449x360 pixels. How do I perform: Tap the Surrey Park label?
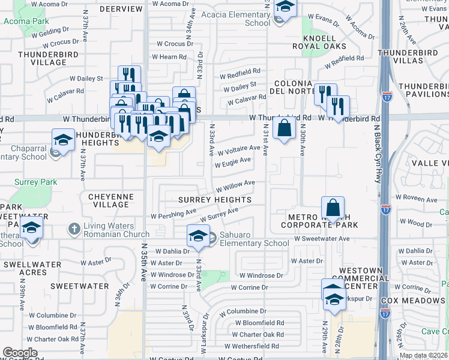click(x=37, y=182)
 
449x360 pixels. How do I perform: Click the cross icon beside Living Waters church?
click(x=74, y=229)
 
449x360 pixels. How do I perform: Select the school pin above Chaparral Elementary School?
click(x=63, y=140)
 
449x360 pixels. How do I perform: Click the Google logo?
click(x=20, y=353)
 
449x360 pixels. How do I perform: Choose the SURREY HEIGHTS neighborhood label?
click(x=214, y=199)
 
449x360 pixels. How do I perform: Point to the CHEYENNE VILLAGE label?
click(x=109, y=200)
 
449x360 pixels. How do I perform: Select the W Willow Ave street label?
click(x=236, y=185)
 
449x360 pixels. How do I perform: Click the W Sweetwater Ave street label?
click(x=322, y=238)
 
